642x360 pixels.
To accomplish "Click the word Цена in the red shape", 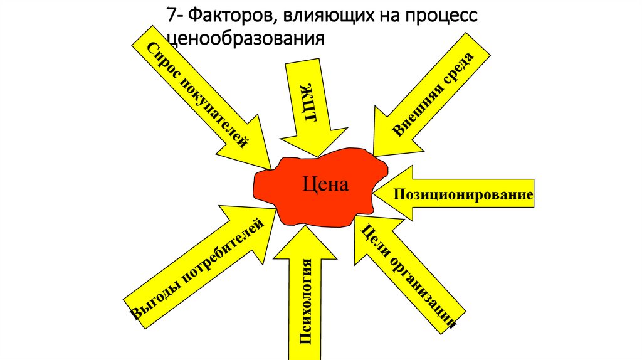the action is (x=324, y=184).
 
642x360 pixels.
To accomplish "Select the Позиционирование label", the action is (x=463, y=195).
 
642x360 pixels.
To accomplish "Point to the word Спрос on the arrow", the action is (x=162, y=63).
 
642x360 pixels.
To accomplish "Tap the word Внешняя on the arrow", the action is (x=416, y=109).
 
